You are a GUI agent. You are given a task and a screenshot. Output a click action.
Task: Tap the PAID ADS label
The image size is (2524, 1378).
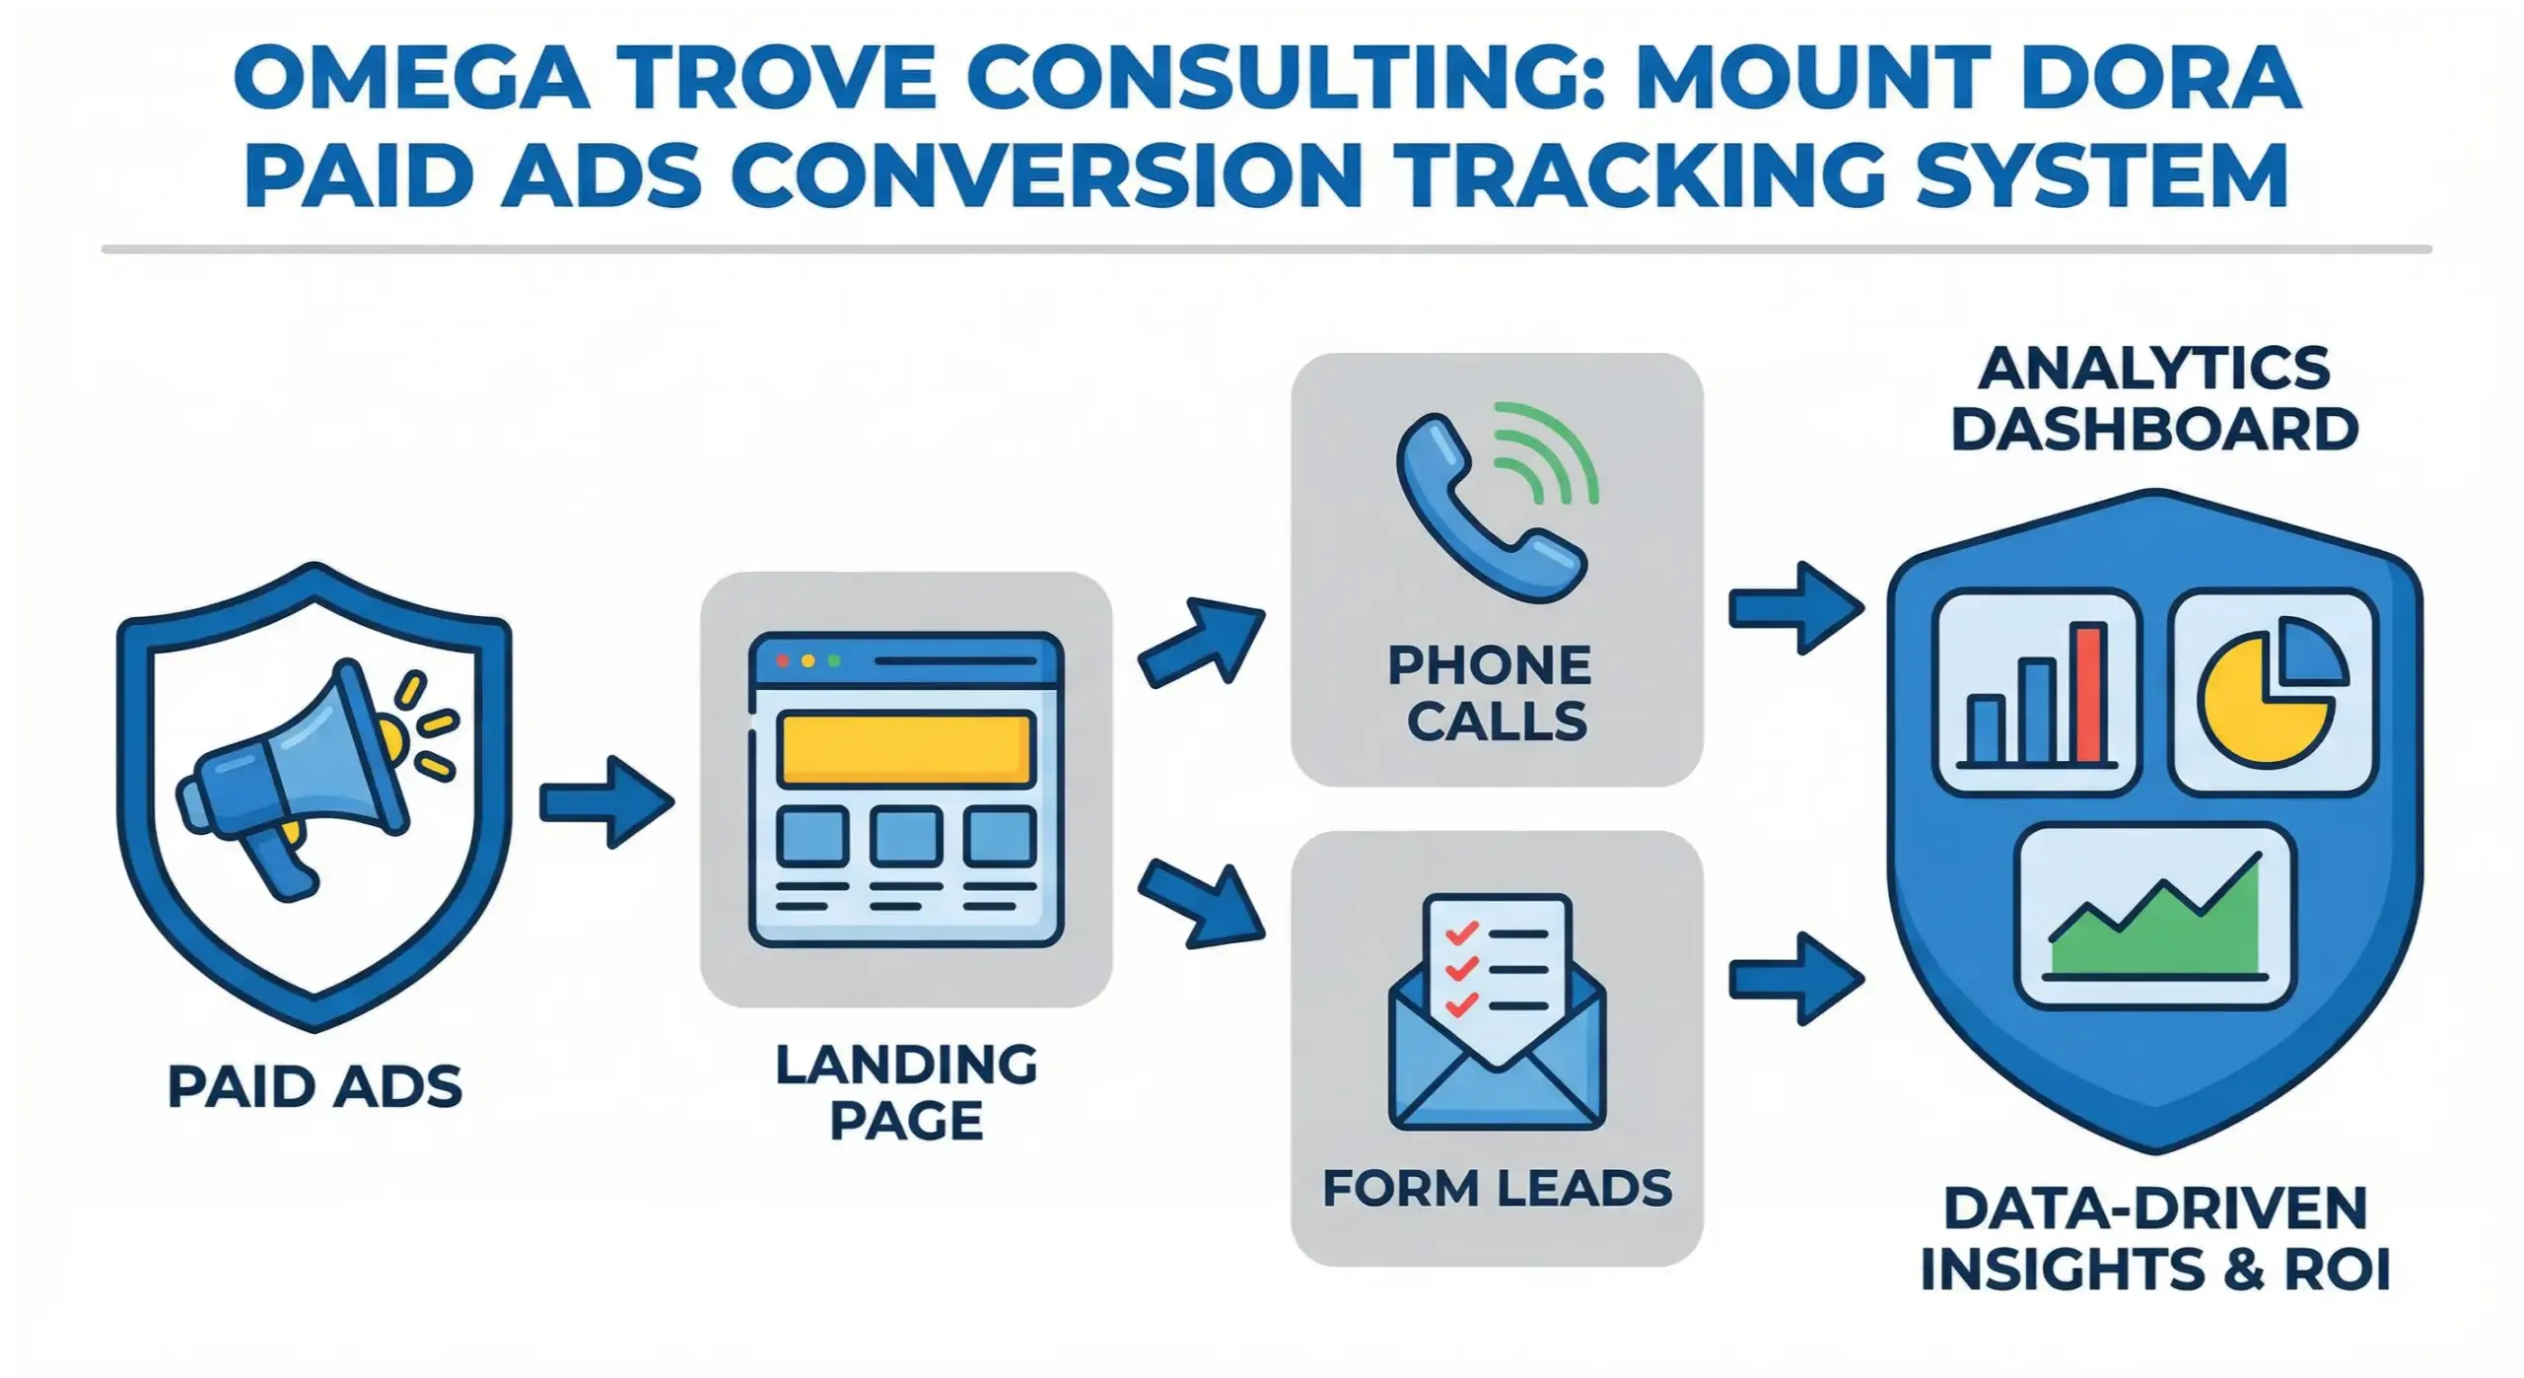(x=315, y=1087)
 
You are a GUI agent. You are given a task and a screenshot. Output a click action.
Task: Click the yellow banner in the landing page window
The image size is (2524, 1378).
(x=905, y=750)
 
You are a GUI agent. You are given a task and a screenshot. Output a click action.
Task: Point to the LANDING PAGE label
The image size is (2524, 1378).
(x=906, y=1092)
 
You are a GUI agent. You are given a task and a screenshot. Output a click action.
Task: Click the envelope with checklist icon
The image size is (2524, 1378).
(x=1497, y=1013)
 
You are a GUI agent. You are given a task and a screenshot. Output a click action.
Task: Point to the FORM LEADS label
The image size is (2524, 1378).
(x=1497, y=1188)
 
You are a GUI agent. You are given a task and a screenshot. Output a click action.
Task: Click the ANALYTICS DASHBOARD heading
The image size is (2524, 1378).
(x=2155, y=399)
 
